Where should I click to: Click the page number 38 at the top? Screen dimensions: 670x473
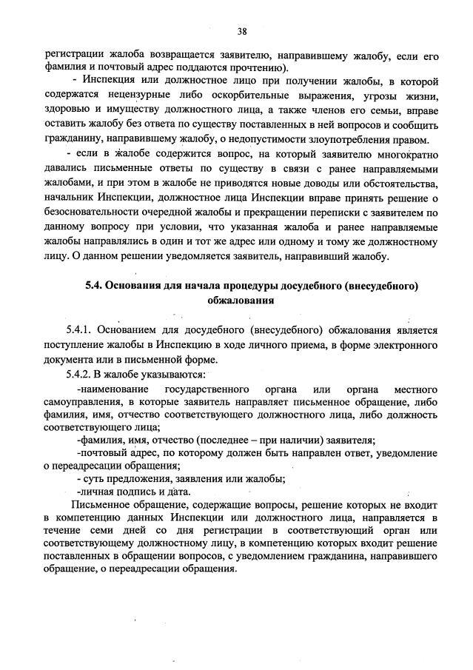[x=241, y=31]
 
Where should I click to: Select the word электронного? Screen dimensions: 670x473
[x=406, y=345]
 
